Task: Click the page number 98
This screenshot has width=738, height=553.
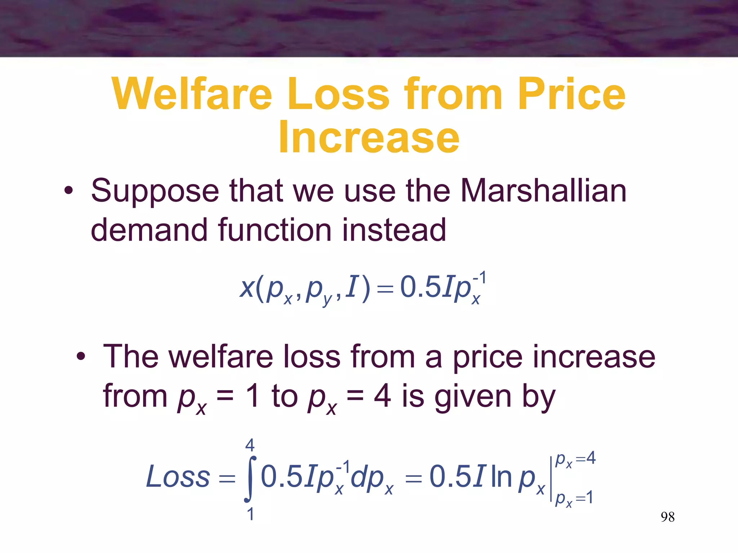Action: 667,517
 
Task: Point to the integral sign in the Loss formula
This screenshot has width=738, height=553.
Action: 250,479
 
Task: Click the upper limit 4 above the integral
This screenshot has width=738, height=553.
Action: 250,446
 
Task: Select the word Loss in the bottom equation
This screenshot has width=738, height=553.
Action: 178,477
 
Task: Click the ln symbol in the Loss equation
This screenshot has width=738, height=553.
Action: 501,477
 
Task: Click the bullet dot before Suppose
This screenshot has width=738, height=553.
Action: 68,191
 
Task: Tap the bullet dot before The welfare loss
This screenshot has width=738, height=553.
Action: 81,357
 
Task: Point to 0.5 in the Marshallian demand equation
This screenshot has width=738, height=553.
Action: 420,287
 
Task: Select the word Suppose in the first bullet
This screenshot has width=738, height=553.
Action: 155,192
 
